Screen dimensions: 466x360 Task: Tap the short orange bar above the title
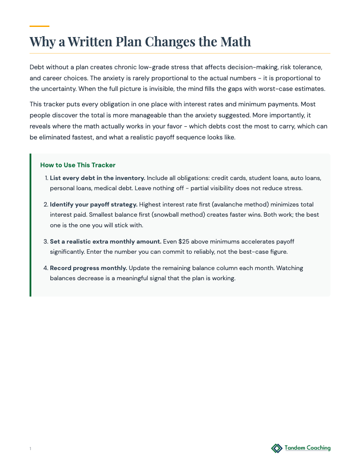[39, 26]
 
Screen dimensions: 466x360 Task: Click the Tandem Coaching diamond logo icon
[277, 448]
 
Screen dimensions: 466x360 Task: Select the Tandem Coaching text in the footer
[307, 448]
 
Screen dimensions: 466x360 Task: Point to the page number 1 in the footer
[30, 449]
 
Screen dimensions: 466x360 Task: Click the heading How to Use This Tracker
[78, 165]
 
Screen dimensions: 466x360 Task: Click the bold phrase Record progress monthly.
[88, 268]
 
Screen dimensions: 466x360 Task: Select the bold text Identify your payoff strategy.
[94, 204]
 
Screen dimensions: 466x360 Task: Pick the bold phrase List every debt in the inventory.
[97, 178]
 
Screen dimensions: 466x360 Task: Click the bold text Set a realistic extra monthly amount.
[105, 241]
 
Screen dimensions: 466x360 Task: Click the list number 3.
[45, 241]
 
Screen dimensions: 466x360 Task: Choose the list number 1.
[46, 178]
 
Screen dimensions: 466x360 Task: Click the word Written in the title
[90, 42]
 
